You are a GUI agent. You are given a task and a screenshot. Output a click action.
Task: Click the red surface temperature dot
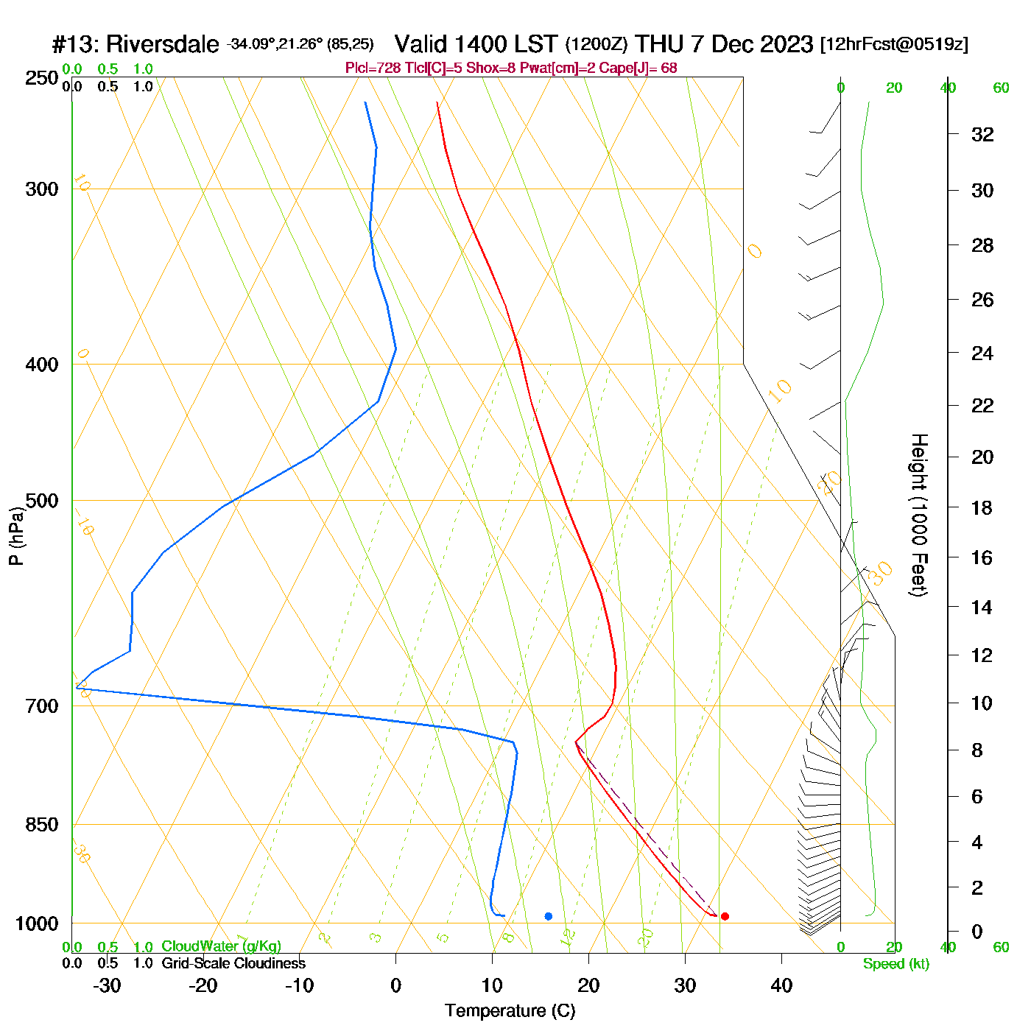pos(725,916)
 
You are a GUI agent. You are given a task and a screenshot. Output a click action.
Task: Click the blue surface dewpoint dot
pos(548,916)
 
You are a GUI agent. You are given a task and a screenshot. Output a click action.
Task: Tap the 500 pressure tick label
pos(42,501)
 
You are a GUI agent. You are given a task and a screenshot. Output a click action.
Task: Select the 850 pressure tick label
pos(42,825)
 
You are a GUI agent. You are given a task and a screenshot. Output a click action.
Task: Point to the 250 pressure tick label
pos(42,78)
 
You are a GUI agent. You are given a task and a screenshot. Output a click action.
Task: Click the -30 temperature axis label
pos(107,985)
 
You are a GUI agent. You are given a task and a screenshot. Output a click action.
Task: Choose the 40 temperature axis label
pos(781,985)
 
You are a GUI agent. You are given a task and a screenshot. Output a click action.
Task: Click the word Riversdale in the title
pos(162,45)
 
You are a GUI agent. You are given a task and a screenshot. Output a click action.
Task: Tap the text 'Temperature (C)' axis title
pos(510,1011)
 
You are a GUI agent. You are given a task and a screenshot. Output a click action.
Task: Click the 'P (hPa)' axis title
pos(16,535)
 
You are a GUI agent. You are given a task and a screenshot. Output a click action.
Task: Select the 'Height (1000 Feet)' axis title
pos(918,515)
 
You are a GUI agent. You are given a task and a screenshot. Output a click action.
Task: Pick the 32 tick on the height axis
pos(982,135)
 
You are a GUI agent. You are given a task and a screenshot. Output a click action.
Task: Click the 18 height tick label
pos(982,507)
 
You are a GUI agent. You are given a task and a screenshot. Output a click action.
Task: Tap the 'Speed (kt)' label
pos(895,964)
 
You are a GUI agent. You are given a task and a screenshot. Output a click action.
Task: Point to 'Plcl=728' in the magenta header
pos(373,68)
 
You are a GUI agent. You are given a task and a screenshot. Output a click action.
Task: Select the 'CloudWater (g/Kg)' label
pos(221,946)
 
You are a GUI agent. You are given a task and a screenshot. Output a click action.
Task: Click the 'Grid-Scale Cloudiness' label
pos(233,963)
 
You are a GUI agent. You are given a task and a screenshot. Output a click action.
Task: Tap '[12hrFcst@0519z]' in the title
pos(894,44)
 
